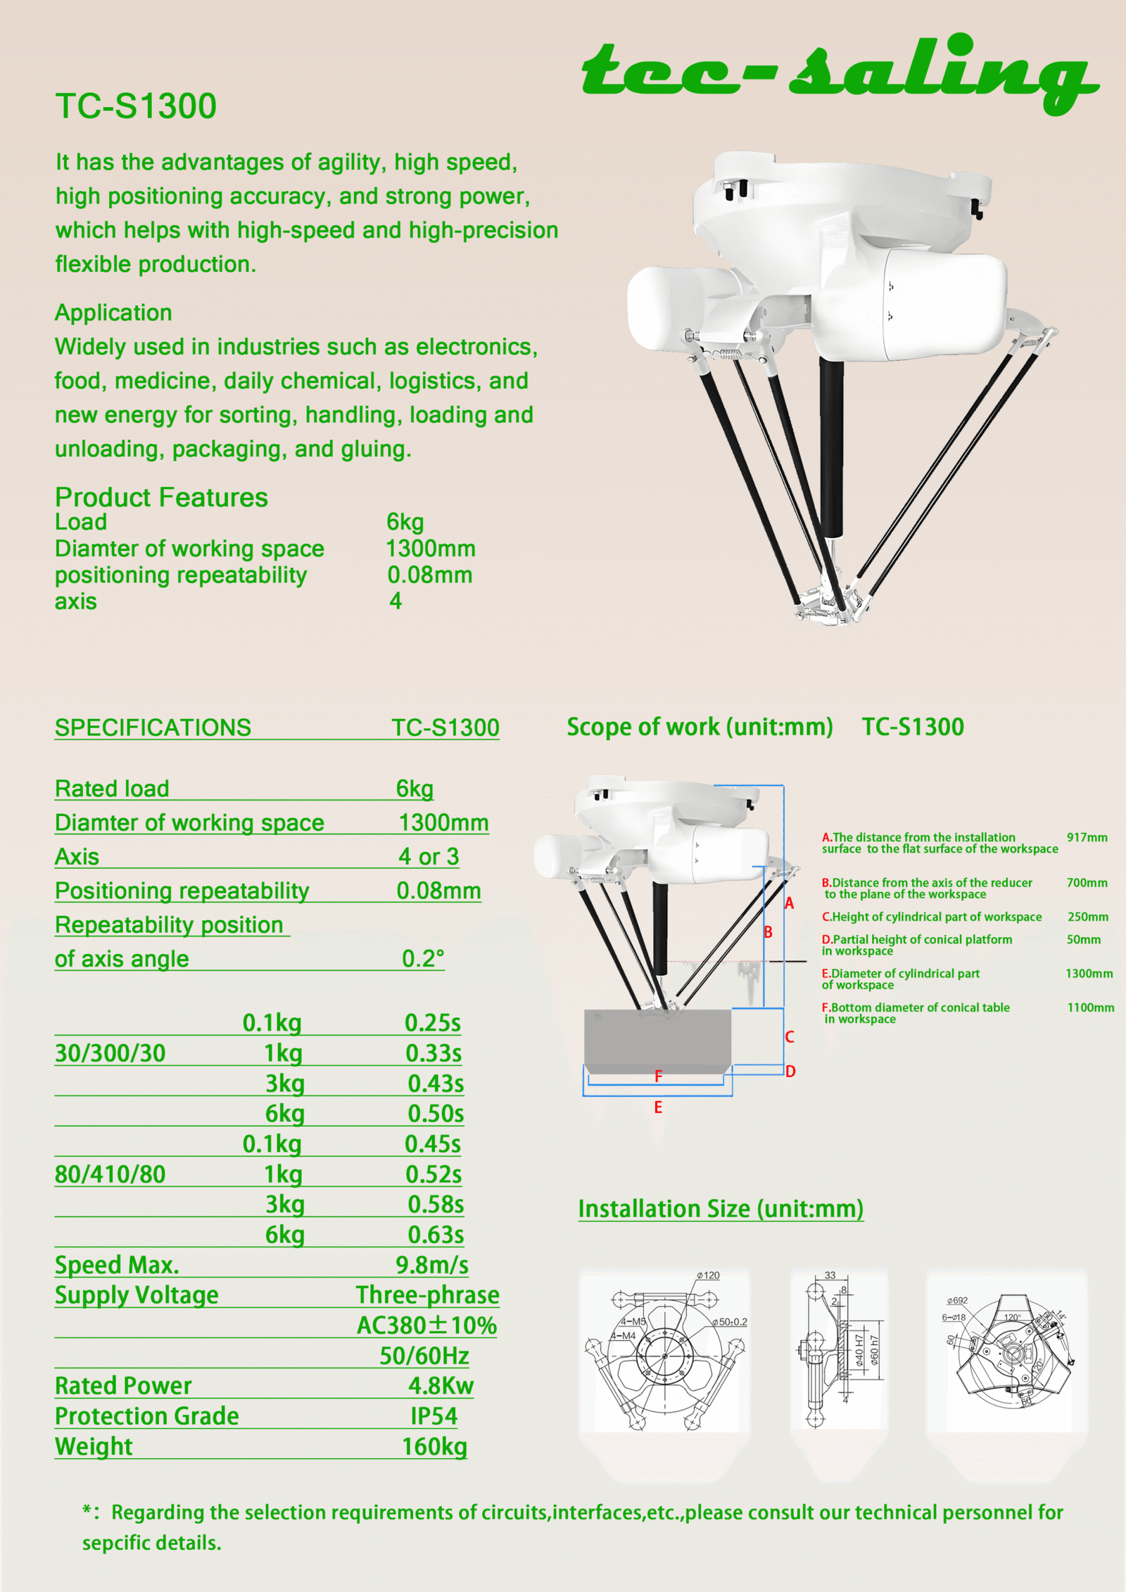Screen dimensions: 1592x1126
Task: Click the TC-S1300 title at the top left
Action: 136,106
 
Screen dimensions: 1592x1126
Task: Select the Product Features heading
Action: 161,497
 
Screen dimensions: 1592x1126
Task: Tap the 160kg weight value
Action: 434,1446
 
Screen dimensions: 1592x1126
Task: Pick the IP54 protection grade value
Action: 434,1415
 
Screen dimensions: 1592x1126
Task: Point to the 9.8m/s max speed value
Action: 431,1265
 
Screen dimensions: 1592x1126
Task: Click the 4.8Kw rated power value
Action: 441,1385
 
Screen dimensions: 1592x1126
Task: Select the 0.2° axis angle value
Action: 423,958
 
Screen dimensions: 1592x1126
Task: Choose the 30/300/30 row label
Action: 110,1053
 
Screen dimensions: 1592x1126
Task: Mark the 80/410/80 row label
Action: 110,1174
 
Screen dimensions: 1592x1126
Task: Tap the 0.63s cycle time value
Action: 436,1235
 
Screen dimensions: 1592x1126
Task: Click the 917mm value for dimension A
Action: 1087,837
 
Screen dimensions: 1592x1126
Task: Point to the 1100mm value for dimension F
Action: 1090,1007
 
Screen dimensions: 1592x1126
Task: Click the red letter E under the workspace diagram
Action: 658,1107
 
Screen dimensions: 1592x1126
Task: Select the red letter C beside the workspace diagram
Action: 790,1037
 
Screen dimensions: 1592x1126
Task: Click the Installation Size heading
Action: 721,1209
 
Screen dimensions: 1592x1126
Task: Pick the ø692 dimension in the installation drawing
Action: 957,1301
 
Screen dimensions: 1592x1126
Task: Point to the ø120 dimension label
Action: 708,1275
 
